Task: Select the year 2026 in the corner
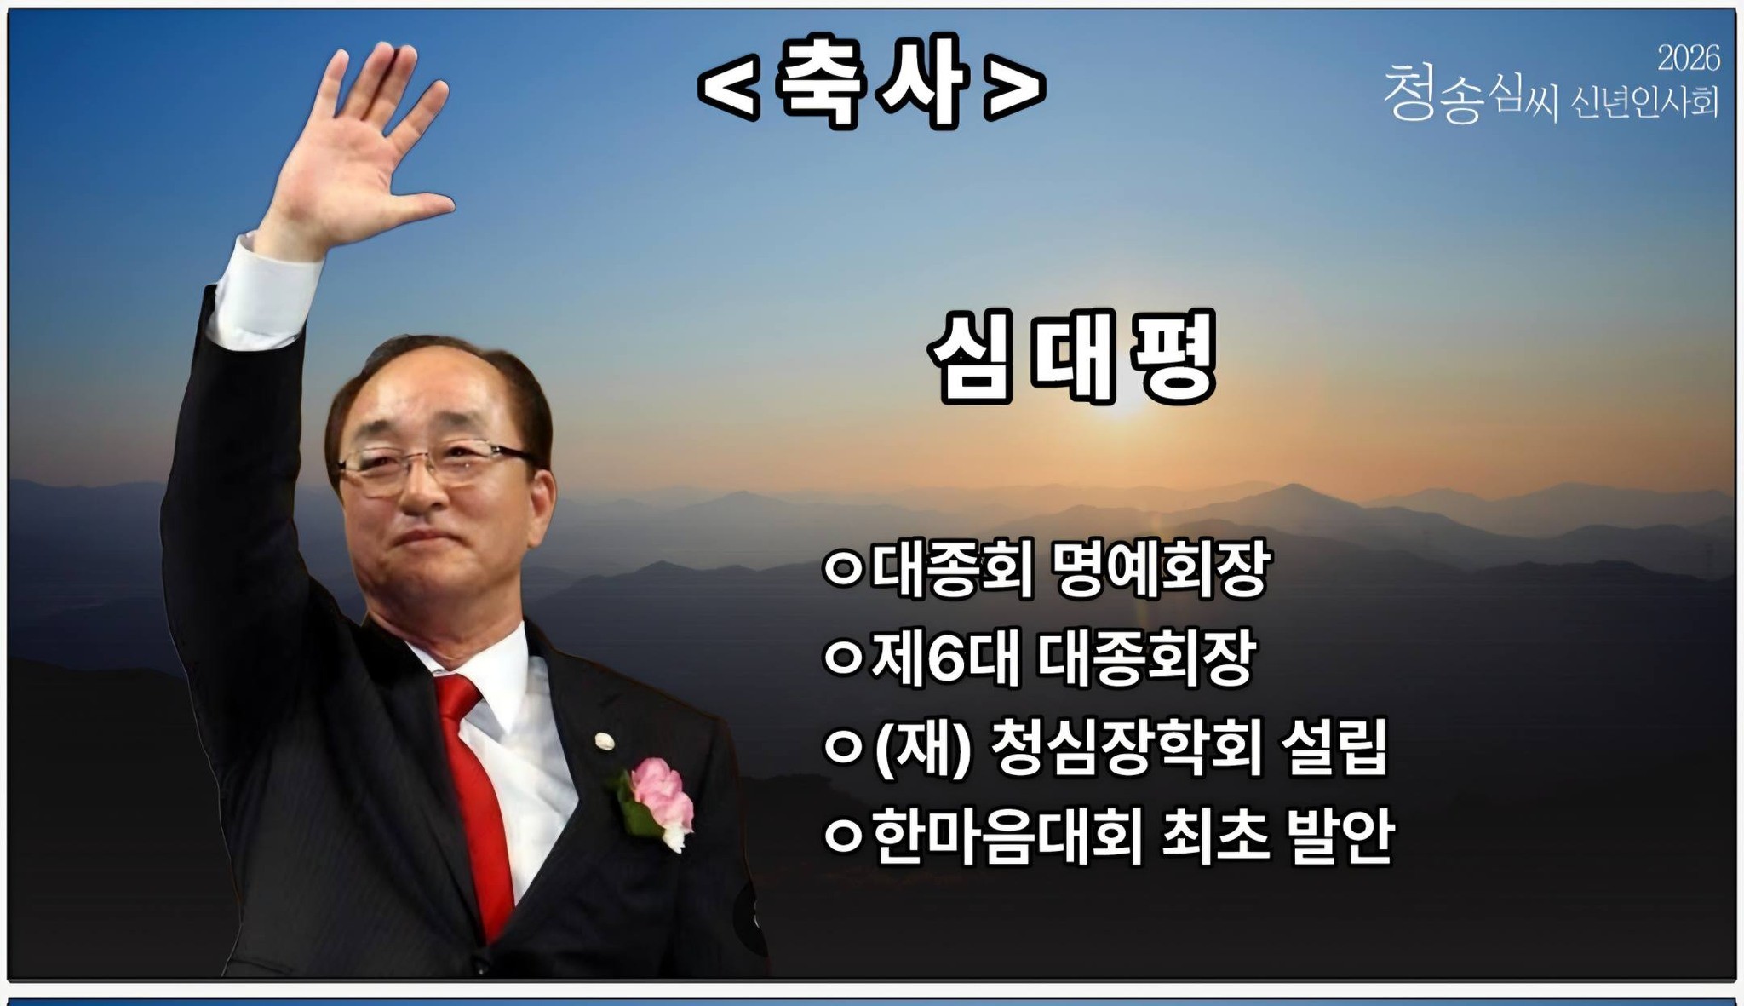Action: [1688, 58]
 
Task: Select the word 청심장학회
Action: [1126, 748]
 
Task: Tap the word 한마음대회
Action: [1007, 836]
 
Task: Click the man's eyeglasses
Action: [430, 465]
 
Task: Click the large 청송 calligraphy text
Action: [1436, 94]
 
